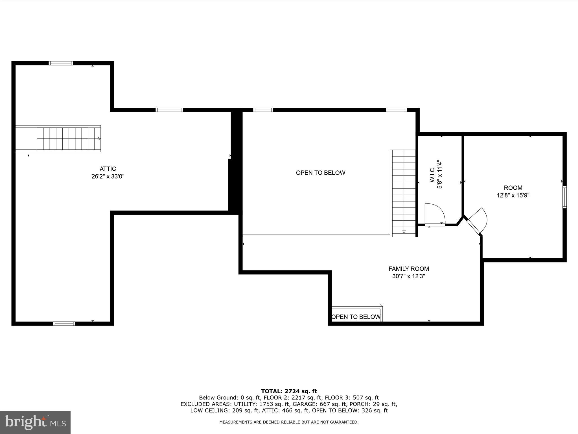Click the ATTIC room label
tap(108, 169)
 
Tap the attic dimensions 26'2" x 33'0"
tap(108, 177)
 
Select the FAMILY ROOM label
tap(408, 269)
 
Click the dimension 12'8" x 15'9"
tap(513, 195)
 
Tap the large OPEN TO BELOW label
tap(320, 173)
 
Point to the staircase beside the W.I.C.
tap(404, 192)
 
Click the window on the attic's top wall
tap(61, 63)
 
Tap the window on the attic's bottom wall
tap(64, 324)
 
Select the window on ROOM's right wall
tap(564, 197)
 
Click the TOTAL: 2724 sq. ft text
tap(289, 391)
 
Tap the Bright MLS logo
tap(35, 422)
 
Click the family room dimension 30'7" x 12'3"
tap(408, 276)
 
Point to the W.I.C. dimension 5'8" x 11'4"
tap(439, 174)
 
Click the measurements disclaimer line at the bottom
tap(289, 422)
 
